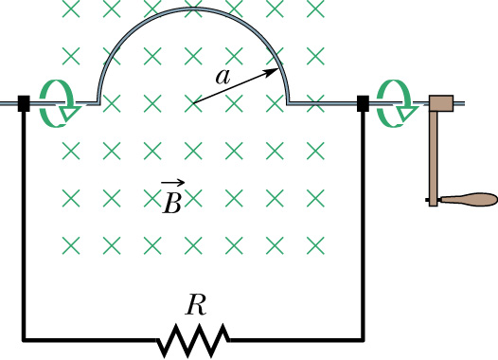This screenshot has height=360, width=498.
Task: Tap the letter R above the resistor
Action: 195,305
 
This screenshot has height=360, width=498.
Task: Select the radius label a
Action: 222,79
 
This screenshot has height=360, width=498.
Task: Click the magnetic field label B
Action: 172,202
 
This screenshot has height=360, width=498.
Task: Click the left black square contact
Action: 24,102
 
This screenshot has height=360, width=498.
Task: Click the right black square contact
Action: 362,102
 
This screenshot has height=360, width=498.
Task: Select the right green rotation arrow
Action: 392,100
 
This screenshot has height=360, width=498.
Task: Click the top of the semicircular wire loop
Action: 192,9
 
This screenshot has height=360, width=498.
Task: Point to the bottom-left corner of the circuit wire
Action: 24,338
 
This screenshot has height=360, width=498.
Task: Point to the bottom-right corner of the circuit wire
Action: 363,338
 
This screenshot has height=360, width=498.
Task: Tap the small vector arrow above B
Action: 172,184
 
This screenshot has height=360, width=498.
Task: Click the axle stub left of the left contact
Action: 9,101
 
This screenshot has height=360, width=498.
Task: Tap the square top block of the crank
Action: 441,101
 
